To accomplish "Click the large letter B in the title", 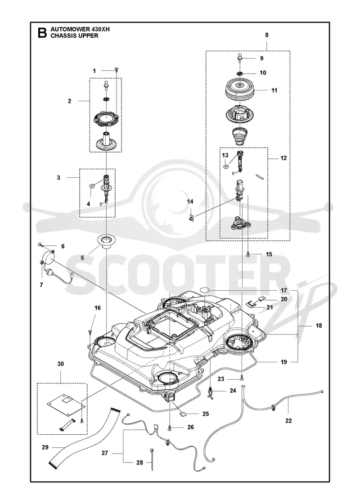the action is pos(42,33).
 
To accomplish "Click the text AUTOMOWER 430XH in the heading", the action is pos(80,30).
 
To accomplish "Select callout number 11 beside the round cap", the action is pos(274,90).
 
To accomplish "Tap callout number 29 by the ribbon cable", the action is pos(45,447).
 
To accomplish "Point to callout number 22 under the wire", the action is pos(288,420).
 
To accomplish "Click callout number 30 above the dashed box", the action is pos(60,364).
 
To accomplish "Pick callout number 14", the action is pos(190,202).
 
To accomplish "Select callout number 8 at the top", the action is pos(267,35).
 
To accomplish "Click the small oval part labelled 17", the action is pos(205,290).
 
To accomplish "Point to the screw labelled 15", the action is pos(248,254).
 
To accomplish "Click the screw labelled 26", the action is pos(169,427).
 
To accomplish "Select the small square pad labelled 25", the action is pos(182,414).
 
